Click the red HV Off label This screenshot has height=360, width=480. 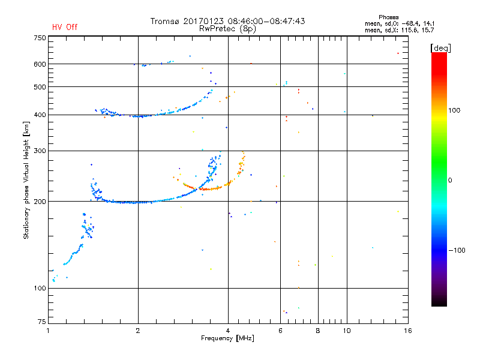(x=65, y=27)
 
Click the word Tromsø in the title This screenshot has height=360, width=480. (x=166, y=21)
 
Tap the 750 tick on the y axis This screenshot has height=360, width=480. (x=40, y=38)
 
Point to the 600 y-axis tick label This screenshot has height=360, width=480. (x=40, y=64)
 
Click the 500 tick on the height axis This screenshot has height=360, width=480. (x=40, y=87)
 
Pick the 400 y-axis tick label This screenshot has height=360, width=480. (x=40, y=115)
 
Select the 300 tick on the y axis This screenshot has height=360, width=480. (x=40, y=151)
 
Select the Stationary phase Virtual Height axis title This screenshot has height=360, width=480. (x=26, y=180)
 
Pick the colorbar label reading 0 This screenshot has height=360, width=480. (x=451, y=180)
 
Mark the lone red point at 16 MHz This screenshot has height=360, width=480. (x=398, y=53)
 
